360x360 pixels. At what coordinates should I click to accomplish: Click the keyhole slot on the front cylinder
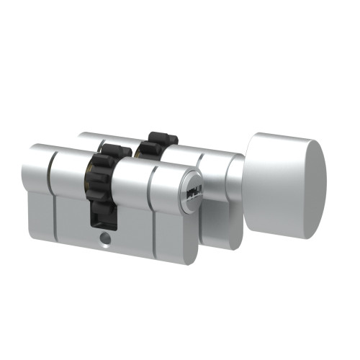(194, 192)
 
